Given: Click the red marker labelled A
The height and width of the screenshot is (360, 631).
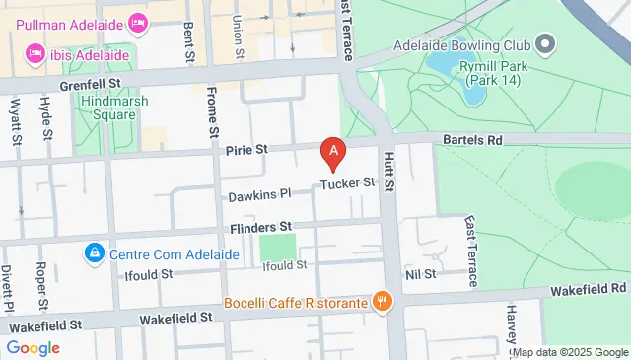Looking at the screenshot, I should pyautogui.click(x=334, y=152).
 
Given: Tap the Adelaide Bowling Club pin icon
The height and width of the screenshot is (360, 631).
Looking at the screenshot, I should pyautogui.click(x=545, y=45).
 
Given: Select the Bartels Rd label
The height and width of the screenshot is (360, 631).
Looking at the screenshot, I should pyautogui.click(x=471, y=141).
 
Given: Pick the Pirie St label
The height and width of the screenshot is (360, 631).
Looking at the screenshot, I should pyautogui.click(x=248, y=149).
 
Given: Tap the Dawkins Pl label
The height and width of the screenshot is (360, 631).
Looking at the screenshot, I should pyautogui.click(x=260, y=195).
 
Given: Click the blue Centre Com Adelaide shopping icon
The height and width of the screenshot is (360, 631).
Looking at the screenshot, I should pyautogui.click(x=94, y=254).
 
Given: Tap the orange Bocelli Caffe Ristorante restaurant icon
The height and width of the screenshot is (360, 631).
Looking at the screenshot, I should pyautogui.click(x=380, y=301).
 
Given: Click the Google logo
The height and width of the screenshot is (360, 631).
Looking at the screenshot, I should pyautogui.click(x=33, y=348).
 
